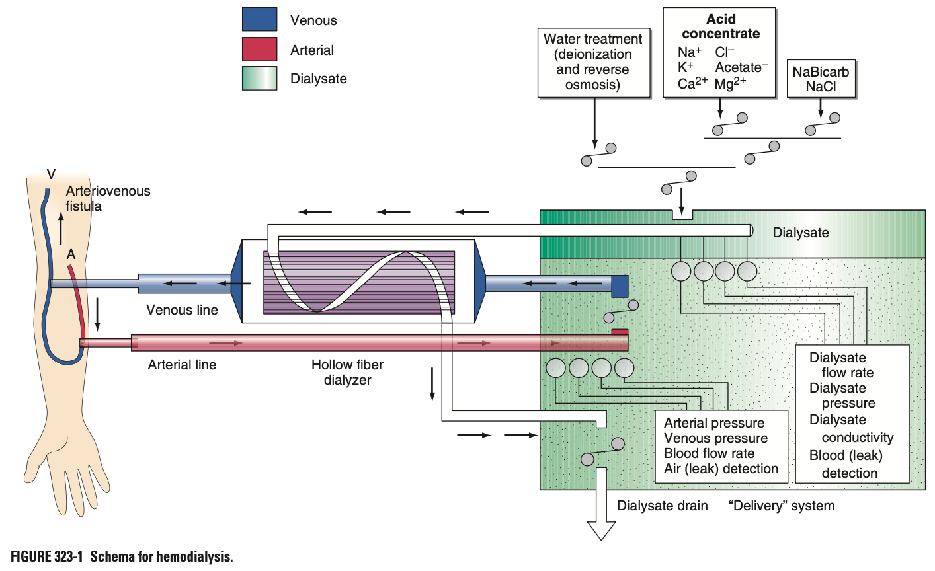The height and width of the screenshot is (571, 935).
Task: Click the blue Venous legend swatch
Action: coord(259,19)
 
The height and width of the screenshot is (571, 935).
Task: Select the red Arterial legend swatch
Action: coord(259,49)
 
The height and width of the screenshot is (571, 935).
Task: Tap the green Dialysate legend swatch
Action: coord(259,78)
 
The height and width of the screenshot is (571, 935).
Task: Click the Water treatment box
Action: coord(593,62)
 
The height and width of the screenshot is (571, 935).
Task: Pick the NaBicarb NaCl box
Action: coord(821,79)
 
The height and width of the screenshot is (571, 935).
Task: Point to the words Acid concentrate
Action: coord(720,26)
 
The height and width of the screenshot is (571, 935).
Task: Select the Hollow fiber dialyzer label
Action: coord(347,372)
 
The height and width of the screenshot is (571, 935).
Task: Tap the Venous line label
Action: coord(182,310)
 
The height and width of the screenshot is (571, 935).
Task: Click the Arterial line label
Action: coord(182,365)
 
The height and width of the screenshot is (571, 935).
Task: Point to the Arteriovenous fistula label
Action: coord(108,198)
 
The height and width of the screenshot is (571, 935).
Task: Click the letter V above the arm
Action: coord(51,174)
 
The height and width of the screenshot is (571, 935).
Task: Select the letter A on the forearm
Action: coord(71,254)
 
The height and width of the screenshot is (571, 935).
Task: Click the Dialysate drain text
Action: coord(662,506)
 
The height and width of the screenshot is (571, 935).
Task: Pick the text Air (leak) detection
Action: coord(721,469)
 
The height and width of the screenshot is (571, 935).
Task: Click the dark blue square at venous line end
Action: coord(620,285)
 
